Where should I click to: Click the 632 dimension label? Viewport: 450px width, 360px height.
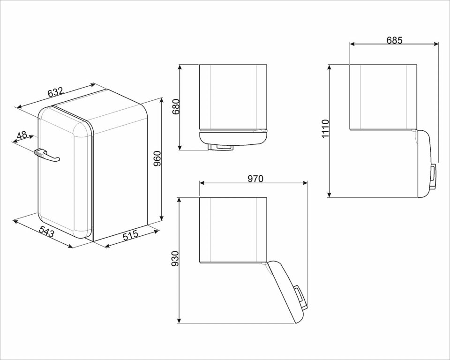[x=55, y=92]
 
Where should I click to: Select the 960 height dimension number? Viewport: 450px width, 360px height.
[x=157, y=159]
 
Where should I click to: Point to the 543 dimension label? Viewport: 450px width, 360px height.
[x=46, y=232]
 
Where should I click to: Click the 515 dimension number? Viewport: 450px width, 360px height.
[x=131, y=235]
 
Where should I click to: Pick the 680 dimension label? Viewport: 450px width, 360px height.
[x=176, y=107]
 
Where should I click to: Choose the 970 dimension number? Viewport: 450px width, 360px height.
[x=255, y=179]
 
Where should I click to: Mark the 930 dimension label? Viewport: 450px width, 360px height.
[x=175, y=259]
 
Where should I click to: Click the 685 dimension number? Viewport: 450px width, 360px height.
[x=394, y=40]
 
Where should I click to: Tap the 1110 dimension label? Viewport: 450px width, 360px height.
[x=325, y=129]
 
